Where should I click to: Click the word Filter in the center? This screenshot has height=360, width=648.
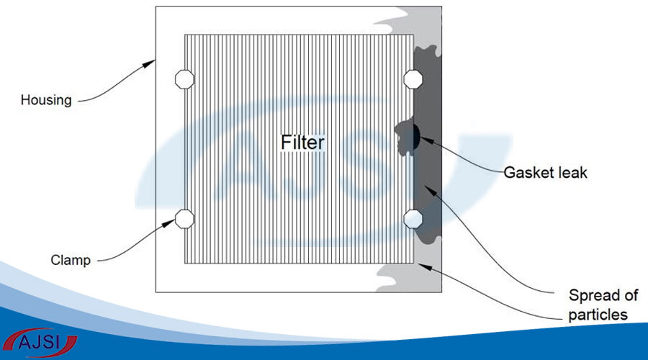tap(302, 143)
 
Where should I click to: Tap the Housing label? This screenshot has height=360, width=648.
tap(46, 100)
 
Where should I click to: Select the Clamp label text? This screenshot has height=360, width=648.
tap(71, 260)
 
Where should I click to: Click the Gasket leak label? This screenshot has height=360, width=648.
tap(545, 172)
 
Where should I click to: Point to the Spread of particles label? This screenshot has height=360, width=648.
tap(603, 305)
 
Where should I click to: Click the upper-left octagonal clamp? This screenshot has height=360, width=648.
tap(184, 79)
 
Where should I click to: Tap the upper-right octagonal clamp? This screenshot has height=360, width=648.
tap(413, 79)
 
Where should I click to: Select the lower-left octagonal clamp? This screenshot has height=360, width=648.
tap(184, 219)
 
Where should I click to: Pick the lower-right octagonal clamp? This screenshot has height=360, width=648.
tap(413, 219)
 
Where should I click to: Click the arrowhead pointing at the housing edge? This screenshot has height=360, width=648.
tap(149, 63)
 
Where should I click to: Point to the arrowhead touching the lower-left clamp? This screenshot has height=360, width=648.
tap(168, 223)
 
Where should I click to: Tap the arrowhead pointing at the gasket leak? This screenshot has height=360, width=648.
tap(427, 140)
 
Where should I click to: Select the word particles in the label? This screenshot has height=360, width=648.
tap(598, 315)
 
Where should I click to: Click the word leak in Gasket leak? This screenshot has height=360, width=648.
tap(572, 172)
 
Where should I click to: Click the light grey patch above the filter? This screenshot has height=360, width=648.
tap(413, 22)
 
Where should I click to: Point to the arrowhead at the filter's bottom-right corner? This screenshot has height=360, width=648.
tap(426, 266)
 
